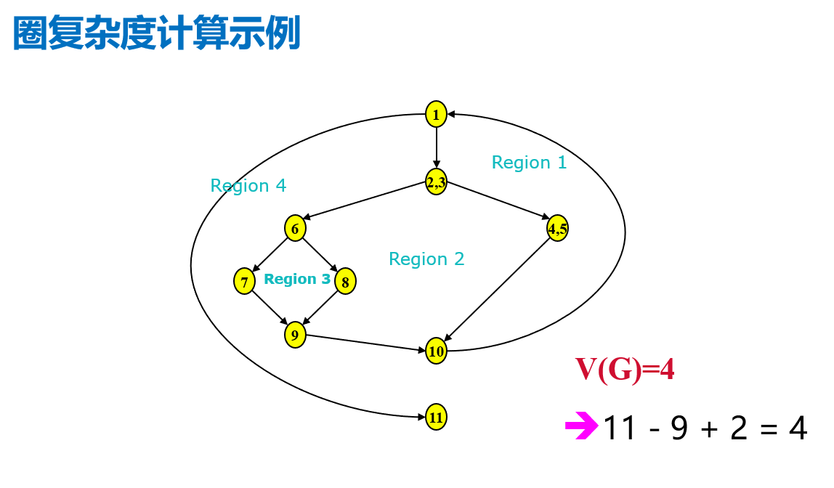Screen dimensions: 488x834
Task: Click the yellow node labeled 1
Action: (x=436, y=114)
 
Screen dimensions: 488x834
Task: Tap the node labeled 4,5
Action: (x=557, y=229)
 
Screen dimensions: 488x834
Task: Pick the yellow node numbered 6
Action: (x=295, y=229)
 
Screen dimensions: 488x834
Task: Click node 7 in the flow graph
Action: (x=244, y=281)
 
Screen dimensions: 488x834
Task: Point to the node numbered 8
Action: (x=346, y=281)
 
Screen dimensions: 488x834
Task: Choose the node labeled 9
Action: (x=295, y=335)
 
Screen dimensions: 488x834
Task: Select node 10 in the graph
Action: (x=436, y=352)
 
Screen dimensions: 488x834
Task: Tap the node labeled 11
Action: (x=436, y=417)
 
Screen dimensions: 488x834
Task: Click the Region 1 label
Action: (x=529, y=163)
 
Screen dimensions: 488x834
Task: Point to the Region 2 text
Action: (x=426, y=259)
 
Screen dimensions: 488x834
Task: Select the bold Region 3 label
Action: (x=297, y=280)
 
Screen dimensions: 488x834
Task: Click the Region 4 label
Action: (x=248, y=186)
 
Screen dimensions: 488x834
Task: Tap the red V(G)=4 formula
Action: (x=625, y=370)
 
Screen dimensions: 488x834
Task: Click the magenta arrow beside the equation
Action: (x=580, y=426)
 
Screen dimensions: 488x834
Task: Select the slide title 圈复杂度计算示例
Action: (x=157, y=34)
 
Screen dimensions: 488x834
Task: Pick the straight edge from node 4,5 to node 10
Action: (x=498, y=290)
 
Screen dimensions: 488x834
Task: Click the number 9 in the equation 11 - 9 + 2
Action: (x=679, y=429)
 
